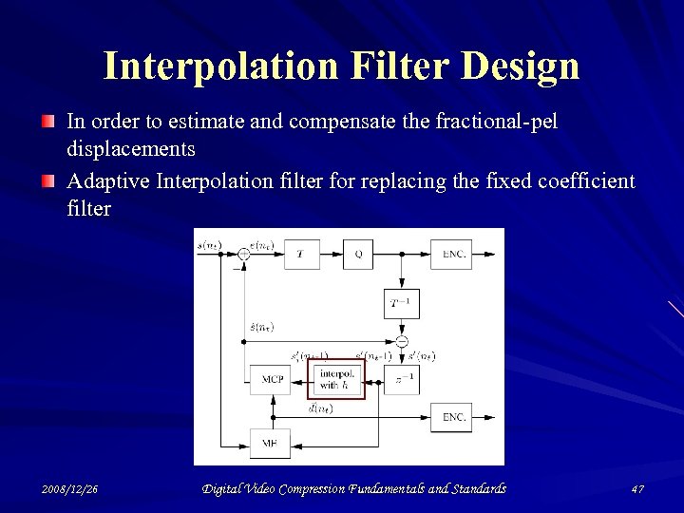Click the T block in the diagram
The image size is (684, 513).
pos(301,255)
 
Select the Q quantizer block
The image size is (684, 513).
pos(358,255)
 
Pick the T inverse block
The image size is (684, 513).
pos(401,303)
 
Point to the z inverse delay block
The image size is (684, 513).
pos(401,379)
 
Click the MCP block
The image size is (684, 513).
pos(272,379)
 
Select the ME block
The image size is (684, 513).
pos(270,443)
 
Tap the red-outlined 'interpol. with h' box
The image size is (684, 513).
pos(336,379)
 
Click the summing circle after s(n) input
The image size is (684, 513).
pos(244,254)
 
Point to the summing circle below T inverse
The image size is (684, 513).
pos(401,341)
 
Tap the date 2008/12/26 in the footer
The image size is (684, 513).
pos(70,488)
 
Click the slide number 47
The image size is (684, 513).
pos(636,488)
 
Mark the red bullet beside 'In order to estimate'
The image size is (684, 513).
pos(48,122)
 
